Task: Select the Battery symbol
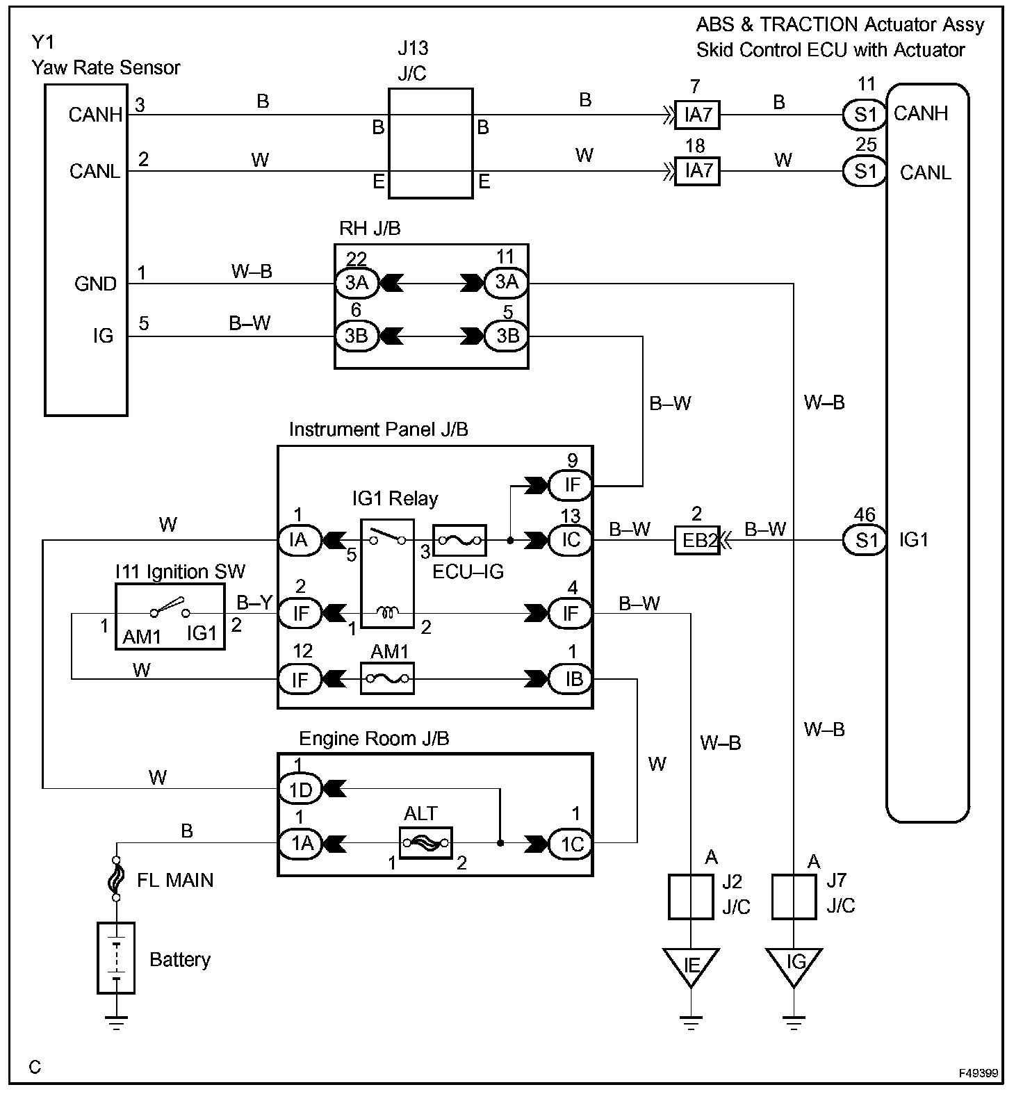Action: (116, 958)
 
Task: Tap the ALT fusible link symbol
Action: (426, 843)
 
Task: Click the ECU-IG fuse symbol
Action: (459, 540)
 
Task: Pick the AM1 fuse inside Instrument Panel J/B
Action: (387, 679)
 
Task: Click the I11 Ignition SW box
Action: (170, 617)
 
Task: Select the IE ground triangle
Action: (691, 967)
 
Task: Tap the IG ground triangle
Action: (794, 967)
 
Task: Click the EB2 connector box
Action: (696, 540)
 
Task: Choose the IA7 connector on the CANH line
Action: (697, 115)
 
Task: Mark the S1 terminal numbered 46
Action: (865, 540)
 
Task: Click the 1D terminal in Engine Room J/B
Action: (301, 789)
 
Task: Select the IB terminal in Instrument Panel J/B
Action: (571, 679)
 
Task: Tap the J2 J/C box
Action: (691, 897)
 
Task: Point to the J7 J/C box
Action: (794, 897)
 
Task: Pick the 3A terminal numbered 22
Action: (357, 283)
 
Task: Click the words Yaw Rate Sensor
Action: (106, 68)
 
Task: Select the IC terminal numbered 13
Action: (571, 540)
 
